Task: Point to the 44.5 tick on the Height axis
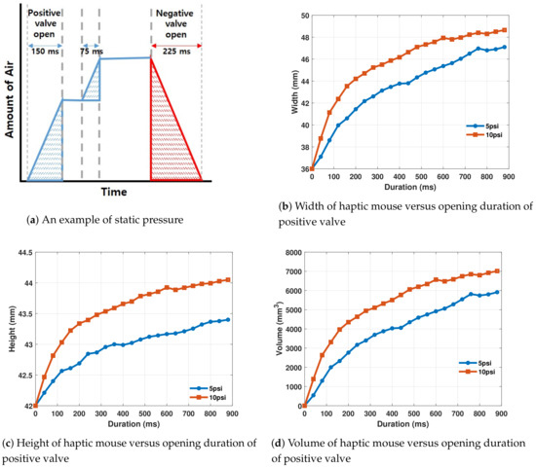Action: click(19, 252)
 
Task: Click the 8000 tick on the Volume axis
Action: click(288, 252)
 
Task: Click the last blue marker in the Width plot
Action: click(504, 46)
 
